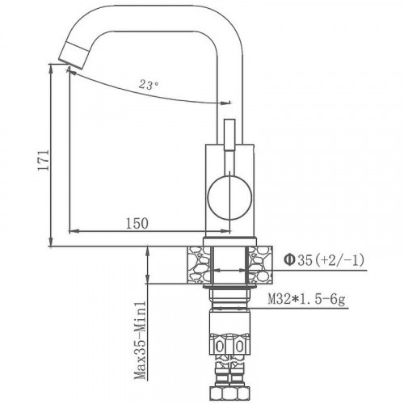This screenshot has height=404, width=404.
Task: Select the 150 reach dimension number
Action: tap(137, 224)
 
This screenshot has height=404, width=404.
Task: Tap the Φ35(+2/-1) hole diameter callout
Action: tap(324, 260)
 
